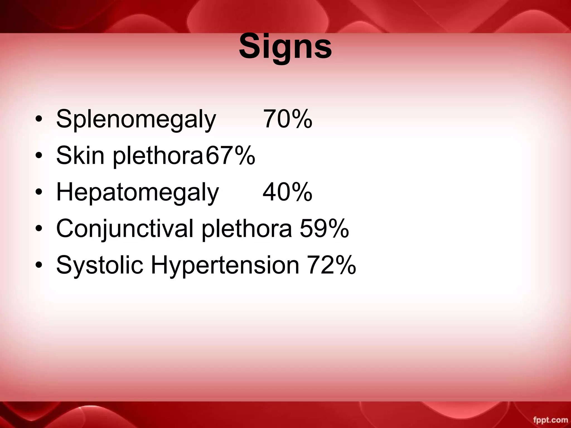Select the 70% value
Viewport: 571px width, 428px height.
[287, 119]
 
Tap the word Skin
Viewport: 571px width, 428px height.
[80, 155]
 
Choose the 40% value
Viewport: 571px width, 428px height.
[287, 192]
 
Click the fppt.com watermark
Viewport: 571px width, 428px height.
[550, 420]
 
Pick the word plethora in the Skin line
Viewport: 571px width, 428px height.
[158, 155]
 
